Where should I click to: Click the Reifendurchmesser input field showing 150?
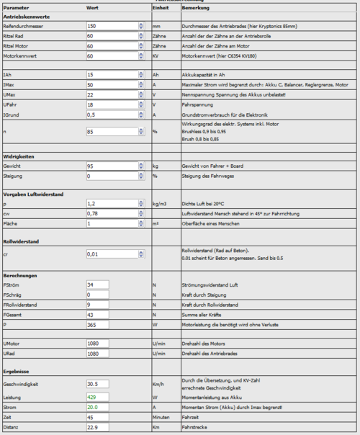pyautogui.click(x=112, y=25)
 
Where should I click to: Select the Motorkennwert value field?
pyautogui.click(x=112, y=55)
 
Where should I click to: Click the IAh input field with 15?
pyautogui.click(x=112, y=75)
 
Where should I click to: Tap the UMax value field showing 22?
pyautogui.click(x=112, y=94)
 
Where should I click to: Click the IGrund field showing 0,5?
pyautogui.click(x=112, y=115)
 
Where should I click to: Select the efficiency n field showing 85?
pyautogui.click(x=112, y=132)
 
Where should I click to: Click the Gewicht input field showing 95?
pyautogui.click(x=112, y=166)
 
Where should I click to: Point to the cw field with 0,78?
pyautogui.click(x=112, y=214)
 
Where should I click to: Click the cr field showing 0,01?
pyautogui.click(x=112, y=254)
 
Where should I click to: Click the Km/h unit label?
pyautogui.click(x=158, y=385)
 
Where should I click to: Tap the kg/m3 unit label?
pyautogui.click(x=161, y=204)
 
